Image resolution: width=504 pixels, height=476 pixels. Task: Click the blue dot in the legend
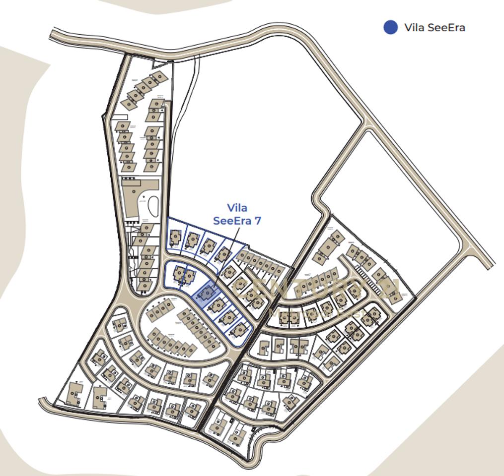click(391, 27)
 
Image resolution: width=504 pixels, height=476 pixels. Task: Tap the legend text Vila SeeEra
click(434, 27)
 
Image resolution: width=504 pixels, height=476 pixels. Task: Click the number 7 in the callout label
click(257, 221)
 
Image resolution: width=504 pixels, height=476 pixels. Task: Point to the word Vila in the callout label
click(237, 208)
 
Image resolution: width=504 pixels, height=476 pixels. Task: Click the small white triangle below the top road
click(159, 63)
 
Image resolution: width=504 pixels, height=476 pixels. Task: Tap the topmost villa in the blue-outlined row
click(175, 238)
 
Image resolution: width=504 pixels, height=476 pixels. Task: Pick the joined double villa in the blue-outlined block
click(183, 275)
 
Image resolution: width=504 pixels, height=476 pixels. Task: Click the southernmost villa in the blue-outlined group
click(239, 329)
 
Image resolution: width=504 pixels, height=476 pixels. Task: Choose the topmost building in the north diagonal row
click(159, 77)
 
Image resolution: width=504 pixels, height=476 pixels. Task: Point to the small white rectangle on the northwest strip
click(121, 117)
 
